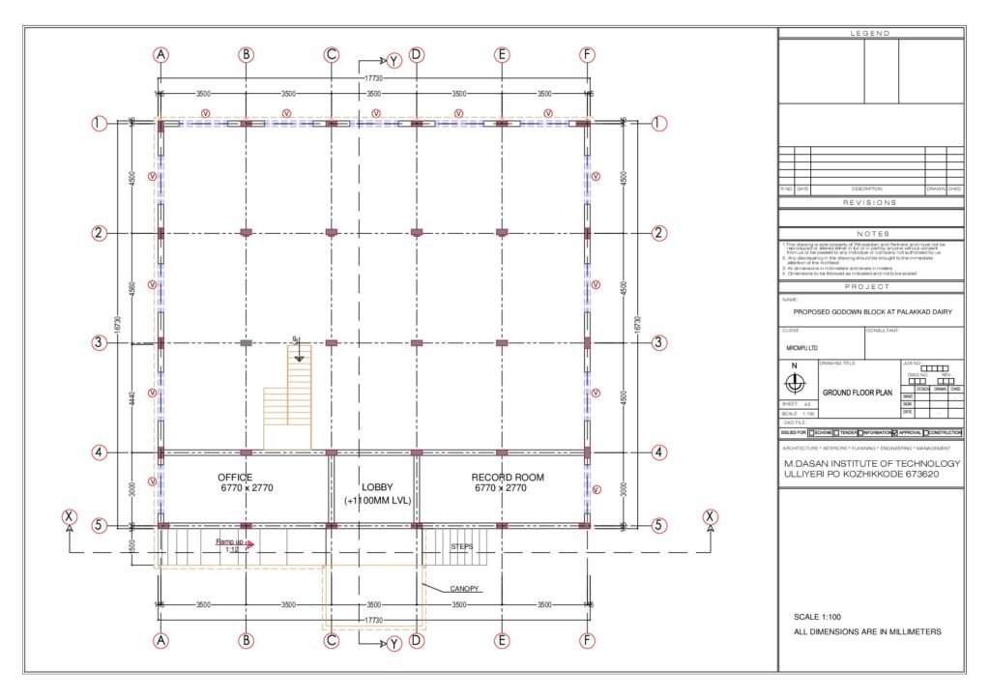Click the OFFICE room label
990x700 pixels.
(x=235, y=478)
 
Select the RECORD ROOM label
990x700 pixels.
(x=508, y=478)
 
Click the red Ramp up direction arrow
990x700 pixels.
(x=249, y=544)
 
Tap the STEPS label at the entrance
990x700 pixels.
(x=462, y=546)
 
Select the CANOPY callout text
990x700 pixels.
(x=466, y=588)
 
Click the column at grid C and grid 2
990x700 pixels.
(x=332, y=232)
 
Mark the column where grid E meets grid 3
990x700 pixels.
(x=502, y=342)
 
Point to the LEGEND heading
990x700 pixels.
(x=870, y=34)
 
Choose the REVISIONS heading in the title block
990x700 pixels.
(x=870, y=202)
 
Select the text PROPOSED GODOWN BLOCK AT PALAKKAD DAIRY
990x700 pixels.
(x=870, y=312)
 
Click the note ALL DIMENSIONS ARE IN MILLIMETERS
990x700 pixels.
(x=865, y=631)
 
